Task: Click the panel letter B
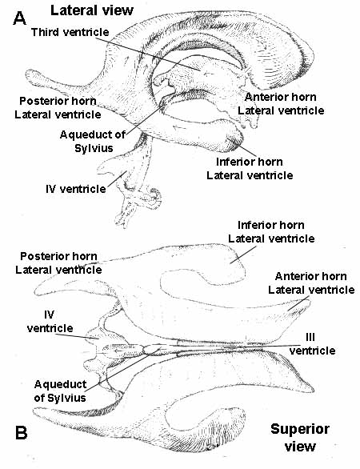click(21, 433)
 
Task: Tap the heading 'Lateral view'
click(92, 10)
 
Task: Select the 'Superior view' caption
click(300, 438)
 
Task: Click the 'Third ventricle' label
click(70, 32)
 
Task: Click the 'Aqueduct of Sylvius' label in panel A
click(93, 141)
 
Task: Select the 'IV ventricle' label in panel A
click(76, 189)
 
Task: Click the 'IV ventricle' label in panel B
click(50, 322)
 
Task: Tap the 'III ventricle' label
click(312, 343)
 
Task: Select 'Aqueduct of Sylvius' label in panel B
click(60, 391)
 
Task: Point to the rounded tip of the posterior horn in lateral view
click(30, 74)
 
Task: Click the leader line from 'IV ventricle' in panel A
click(117, 178)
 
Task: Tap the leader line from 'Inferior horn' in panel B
click(243, 255)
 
